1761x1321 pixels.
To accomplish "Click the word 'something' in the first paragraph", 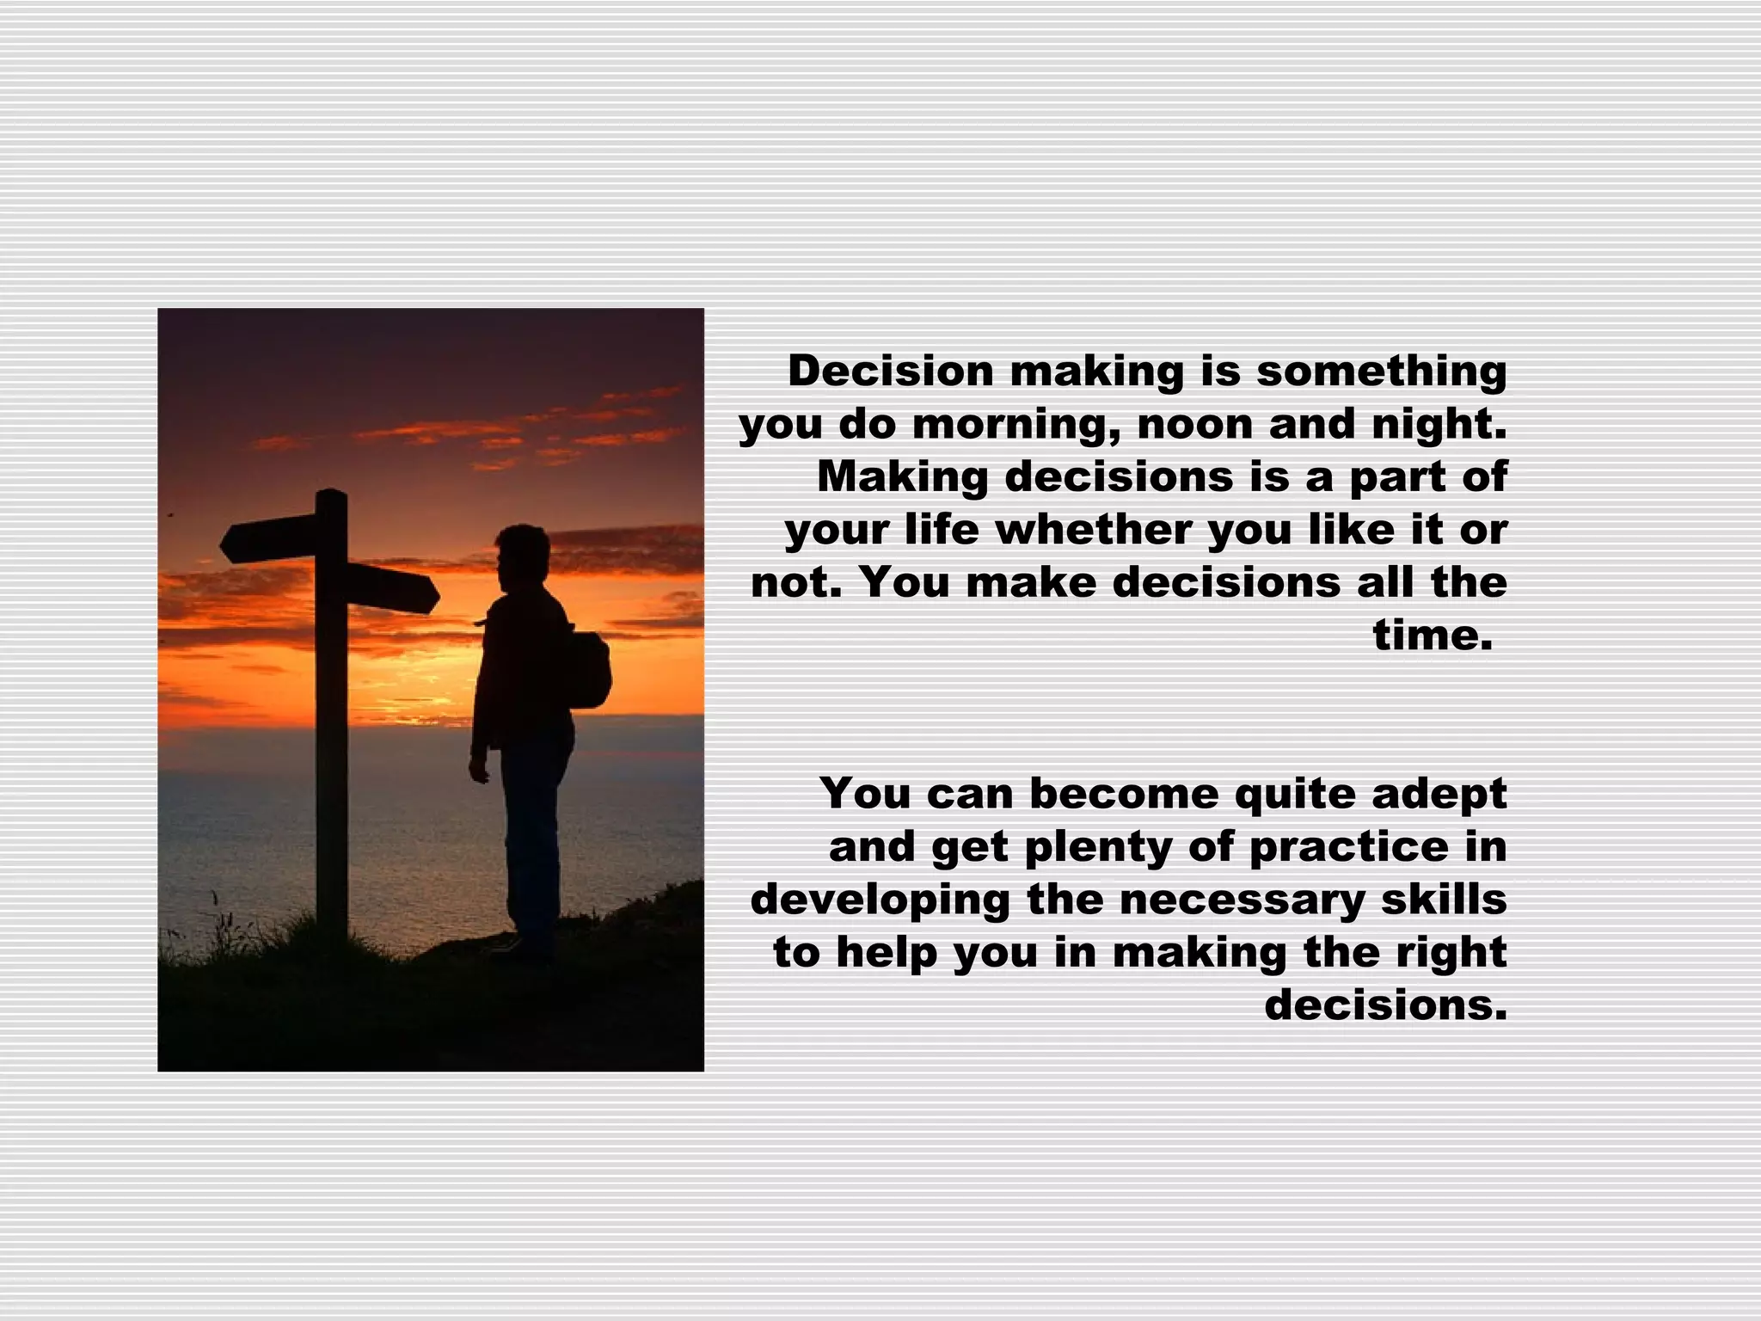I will coord(1382,372).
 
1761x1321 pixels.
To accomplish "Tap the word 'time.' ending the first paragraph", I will coord(1432,636).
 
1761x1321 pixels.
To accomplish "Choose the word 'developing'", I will coord(880,900).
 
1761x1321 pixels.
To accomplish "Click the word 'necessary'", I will coord(1243,900).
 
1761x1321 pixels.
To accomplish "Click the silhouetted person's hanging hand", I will coord(478,769).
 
